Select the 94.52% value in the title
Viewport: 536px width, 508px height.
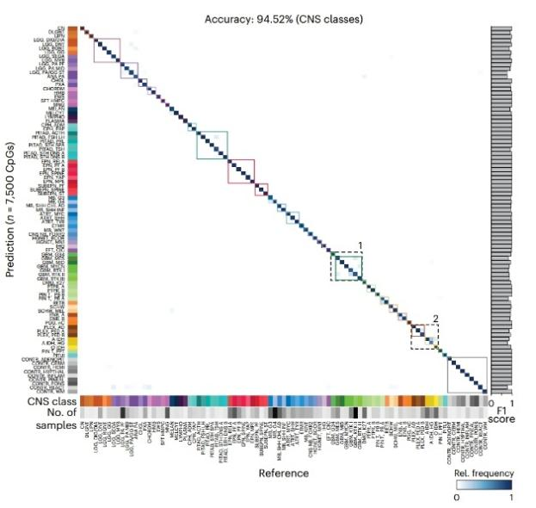[x=273, y=17]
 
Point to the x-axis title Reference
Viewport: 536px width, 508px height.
[x=283, y=473]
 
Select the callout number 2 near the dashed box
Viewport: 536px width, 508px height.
[x=436, y=319]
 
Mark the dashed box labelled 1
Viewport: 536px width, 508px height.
[x=348, y=266]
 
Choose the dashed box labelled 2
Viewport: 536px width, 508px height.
[x=423, y=337]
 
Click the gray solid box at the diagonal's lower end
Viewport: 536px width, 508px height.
[x=467, y=374]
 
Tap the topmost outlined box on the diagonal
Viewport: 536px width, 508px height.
[x=107, y=50]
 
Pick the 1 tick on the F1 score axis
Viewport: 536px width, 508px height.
[x=513, y=403]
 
